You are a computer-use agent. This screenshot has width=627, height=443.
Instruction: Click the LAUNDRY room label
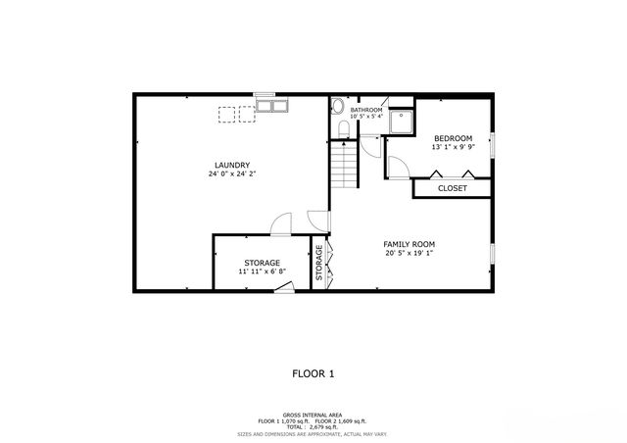click(232, 165)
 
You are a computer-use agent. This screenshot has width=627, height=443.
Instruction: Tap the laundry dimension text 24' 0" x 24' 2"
click(232, 174)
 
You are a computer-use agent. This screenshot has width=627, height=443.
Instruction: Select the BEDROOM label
click(454, 138)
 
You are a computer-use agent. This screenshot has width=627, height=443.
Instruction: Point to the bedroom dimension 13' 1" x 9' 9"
click(454, 148)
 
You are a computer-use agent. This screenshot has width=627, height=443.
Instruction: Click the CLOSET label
click(452, 188)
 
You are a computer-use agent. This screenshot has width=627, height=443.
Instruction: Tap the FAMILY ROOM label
click(409, 244)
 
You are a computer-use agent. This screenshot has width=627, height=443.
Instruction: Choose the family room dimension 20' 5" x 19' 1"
click(409, 254)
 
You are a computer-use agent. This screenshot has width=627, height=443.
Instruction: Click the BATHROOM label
click(366, 110)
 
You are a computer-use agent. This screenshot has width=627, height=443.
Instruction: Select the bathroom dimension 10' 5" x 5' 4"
click(366, 118)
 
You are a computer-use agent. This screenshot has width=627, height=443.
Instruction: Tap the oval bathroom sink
click(337, 108)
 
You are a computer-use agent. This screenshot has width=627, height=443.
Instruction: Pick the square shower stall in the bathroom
click(402, 120)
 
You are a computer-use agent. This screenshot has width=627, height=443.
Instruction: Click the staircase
click(344, 166)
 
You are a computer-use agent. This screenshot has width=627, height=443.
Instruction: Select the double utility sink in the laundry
click(270, 106)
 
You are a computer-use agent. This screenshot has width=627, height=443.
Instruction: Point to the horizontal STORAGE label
click(262, 263)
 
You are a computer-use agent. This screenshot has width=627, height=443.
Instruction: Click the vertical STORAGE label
click(319, 264)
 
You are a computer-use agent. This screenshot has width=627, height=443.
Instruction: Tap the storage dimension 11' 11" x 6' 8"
click(262, 272)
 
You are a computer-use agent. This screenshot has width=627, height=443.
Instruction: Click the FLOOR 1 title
click(313, 373)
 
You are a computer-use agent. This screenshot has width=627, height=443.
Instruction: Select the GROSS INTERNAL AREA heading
click(313, 415)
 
